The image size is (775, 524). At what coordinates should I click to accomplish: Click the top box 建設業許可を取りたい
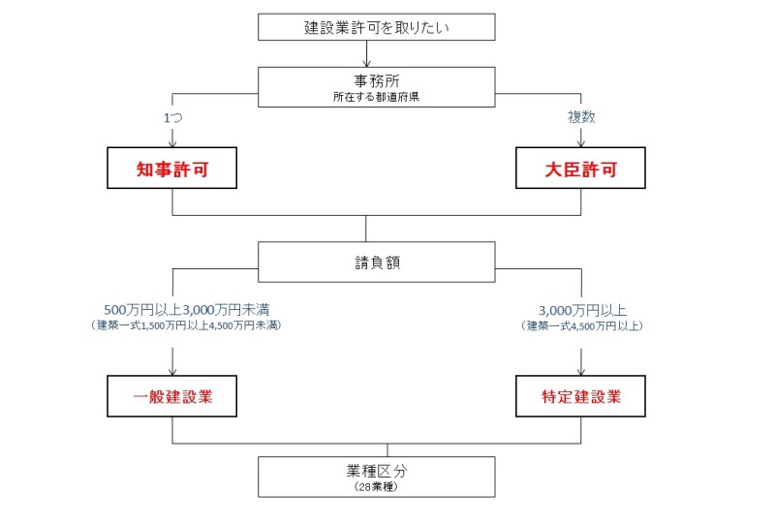point(376,27)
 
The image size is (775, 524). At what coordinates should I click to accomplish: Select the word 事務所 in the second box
point(377,80)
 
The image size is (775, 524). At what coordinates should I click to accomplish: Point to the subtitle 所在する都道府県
point(376,97)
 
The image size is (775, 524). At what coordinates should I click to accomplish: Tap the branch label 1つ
point(173,117)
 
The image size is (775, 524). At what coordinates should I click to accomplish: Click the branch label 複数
point(581,117)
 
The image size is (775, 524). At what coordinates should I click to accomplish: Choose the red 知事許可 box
point(172,169)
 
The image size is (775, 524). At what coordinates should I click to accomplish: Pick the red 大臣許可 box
point(580,169)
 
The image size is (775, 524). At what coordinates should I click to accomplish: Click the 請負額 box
point(376,262)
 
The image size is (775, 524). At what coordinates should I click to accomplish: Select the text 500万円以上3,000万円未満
point(187,310)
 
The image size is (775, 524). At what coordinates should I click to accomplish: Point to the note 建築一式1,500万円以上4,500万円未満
point(186,325)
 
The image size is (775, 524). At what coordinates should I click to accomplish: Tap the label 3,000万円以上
point(582,311)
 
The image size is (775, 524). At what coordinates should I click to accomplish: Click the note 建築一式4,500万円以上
point(582,325)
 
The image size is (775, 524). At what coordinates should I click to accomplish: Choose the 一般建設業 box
point(172,396)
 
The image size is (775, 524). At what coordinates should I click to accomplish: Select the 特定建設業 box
point(580,396)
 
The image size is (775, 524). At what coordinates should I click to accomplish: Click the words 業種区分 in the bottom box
point(377,471)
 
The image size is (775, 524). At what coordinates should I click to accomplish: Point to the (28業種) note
point(376,487)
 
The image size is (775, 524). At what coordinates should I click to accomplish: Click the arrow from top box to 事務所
point(367,53)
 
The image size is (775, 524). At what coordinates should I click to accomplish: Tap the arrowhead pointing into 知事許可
point(172,143)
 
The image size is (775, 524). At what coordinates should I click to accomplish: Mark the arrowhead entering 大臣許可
point(581,143)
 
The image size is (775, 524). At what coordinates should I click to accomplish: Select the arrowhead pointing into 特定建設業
point(581,372)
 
